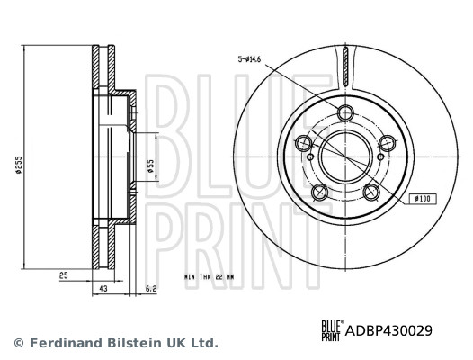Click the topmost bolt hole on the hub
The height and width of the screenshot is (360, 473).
click(346, 112)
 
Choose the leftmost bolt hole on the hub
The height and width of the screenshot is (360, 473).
click(304, 143)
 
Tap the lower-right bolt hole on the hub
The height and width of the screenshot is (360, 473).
click(372, 192)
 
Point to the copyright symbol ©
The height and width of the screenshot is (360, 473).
click(19, 343)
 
